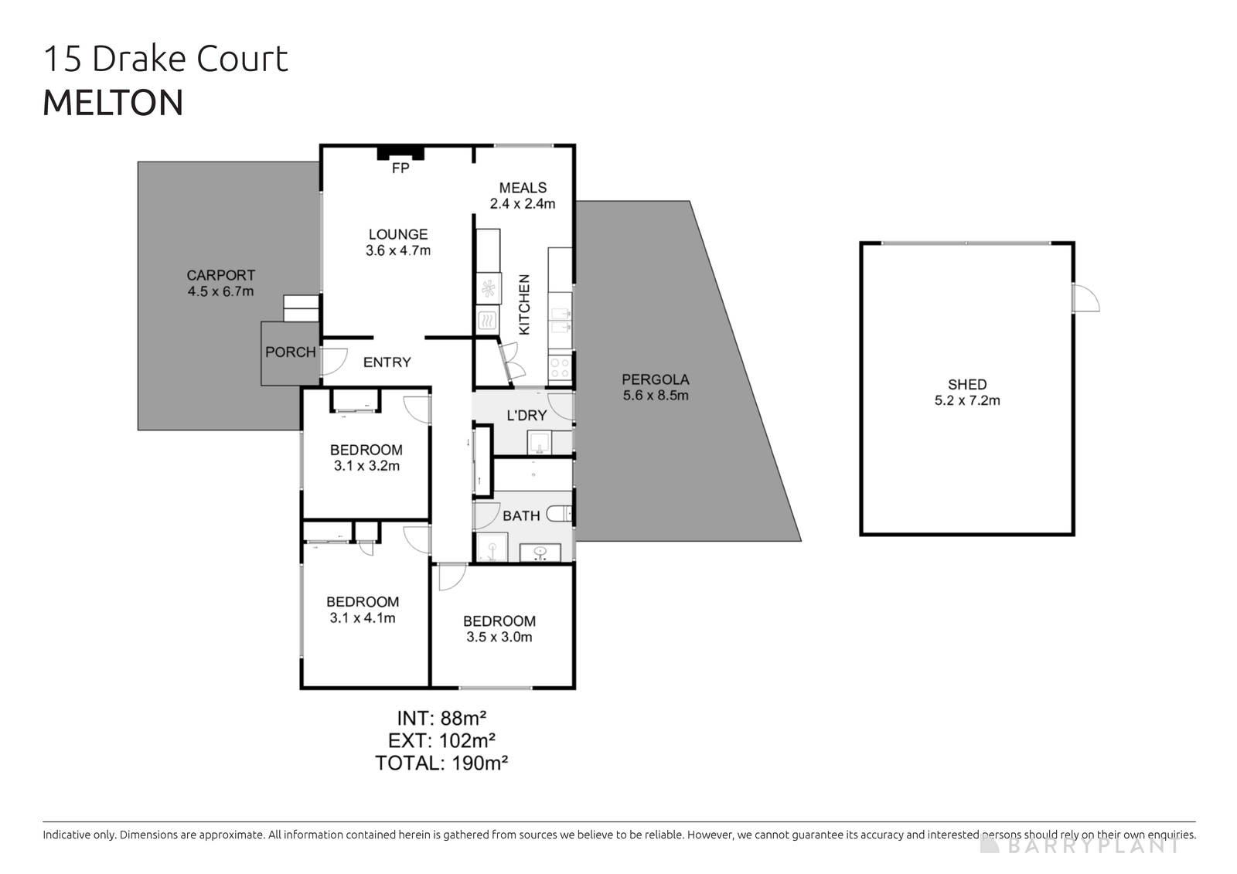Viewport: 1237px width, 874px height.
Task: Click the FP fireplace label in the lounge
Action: (x=400, y=168)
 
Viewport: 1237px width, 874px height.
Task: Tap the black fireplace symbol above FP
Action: (x=400, y=152)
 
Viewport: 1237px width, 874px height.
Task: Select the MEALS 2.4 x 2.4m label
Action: (x=523, y=196)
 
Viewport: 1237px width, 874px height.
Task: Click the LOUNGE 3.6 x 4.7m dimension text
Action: (x=397, y=242)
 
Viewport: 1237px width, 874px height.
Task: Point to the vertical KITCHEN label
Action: (x=524, y=304)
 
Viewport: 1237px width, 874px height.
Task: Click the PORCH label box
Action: (x=290, y=352)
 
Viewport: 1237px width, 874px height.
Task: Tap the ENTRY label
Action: (x=387, y=362)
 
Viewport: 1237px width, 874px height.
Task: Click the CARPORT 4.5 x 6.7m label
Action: (x=220, y=283)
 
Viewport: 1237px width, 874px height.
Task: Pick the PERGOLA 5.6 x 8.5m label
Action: (x=655, y=387)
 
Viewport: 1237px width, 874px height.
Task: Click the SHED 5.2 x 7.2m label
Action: (x=966, y=392)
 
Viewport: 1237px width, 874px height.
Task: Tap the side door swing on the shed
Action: (x=1085, y=298)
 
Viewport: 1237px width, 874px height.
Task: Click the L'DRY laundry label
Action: (x=526, y=416)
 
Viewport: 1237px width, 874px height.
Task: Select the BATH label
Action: (x=521, y=515)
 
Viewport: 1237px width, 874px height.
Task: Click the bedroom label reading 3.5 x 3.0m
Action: (x=499, y=629)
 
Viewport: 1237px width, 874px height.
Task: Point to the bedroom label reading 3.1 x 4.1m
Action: (x=362, y=610)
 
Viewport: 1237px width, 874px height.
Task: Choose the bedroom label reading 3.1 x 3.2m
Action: (x=366, y=457)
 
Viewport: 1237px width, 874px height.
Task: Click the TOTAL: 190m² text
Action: (x=441, y=763)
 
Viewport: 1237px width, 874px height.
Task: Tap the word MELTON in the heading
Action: (x=113, y=104)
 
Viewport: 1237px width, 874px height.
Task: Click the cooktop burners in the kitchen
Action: (x=559, y=367)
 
